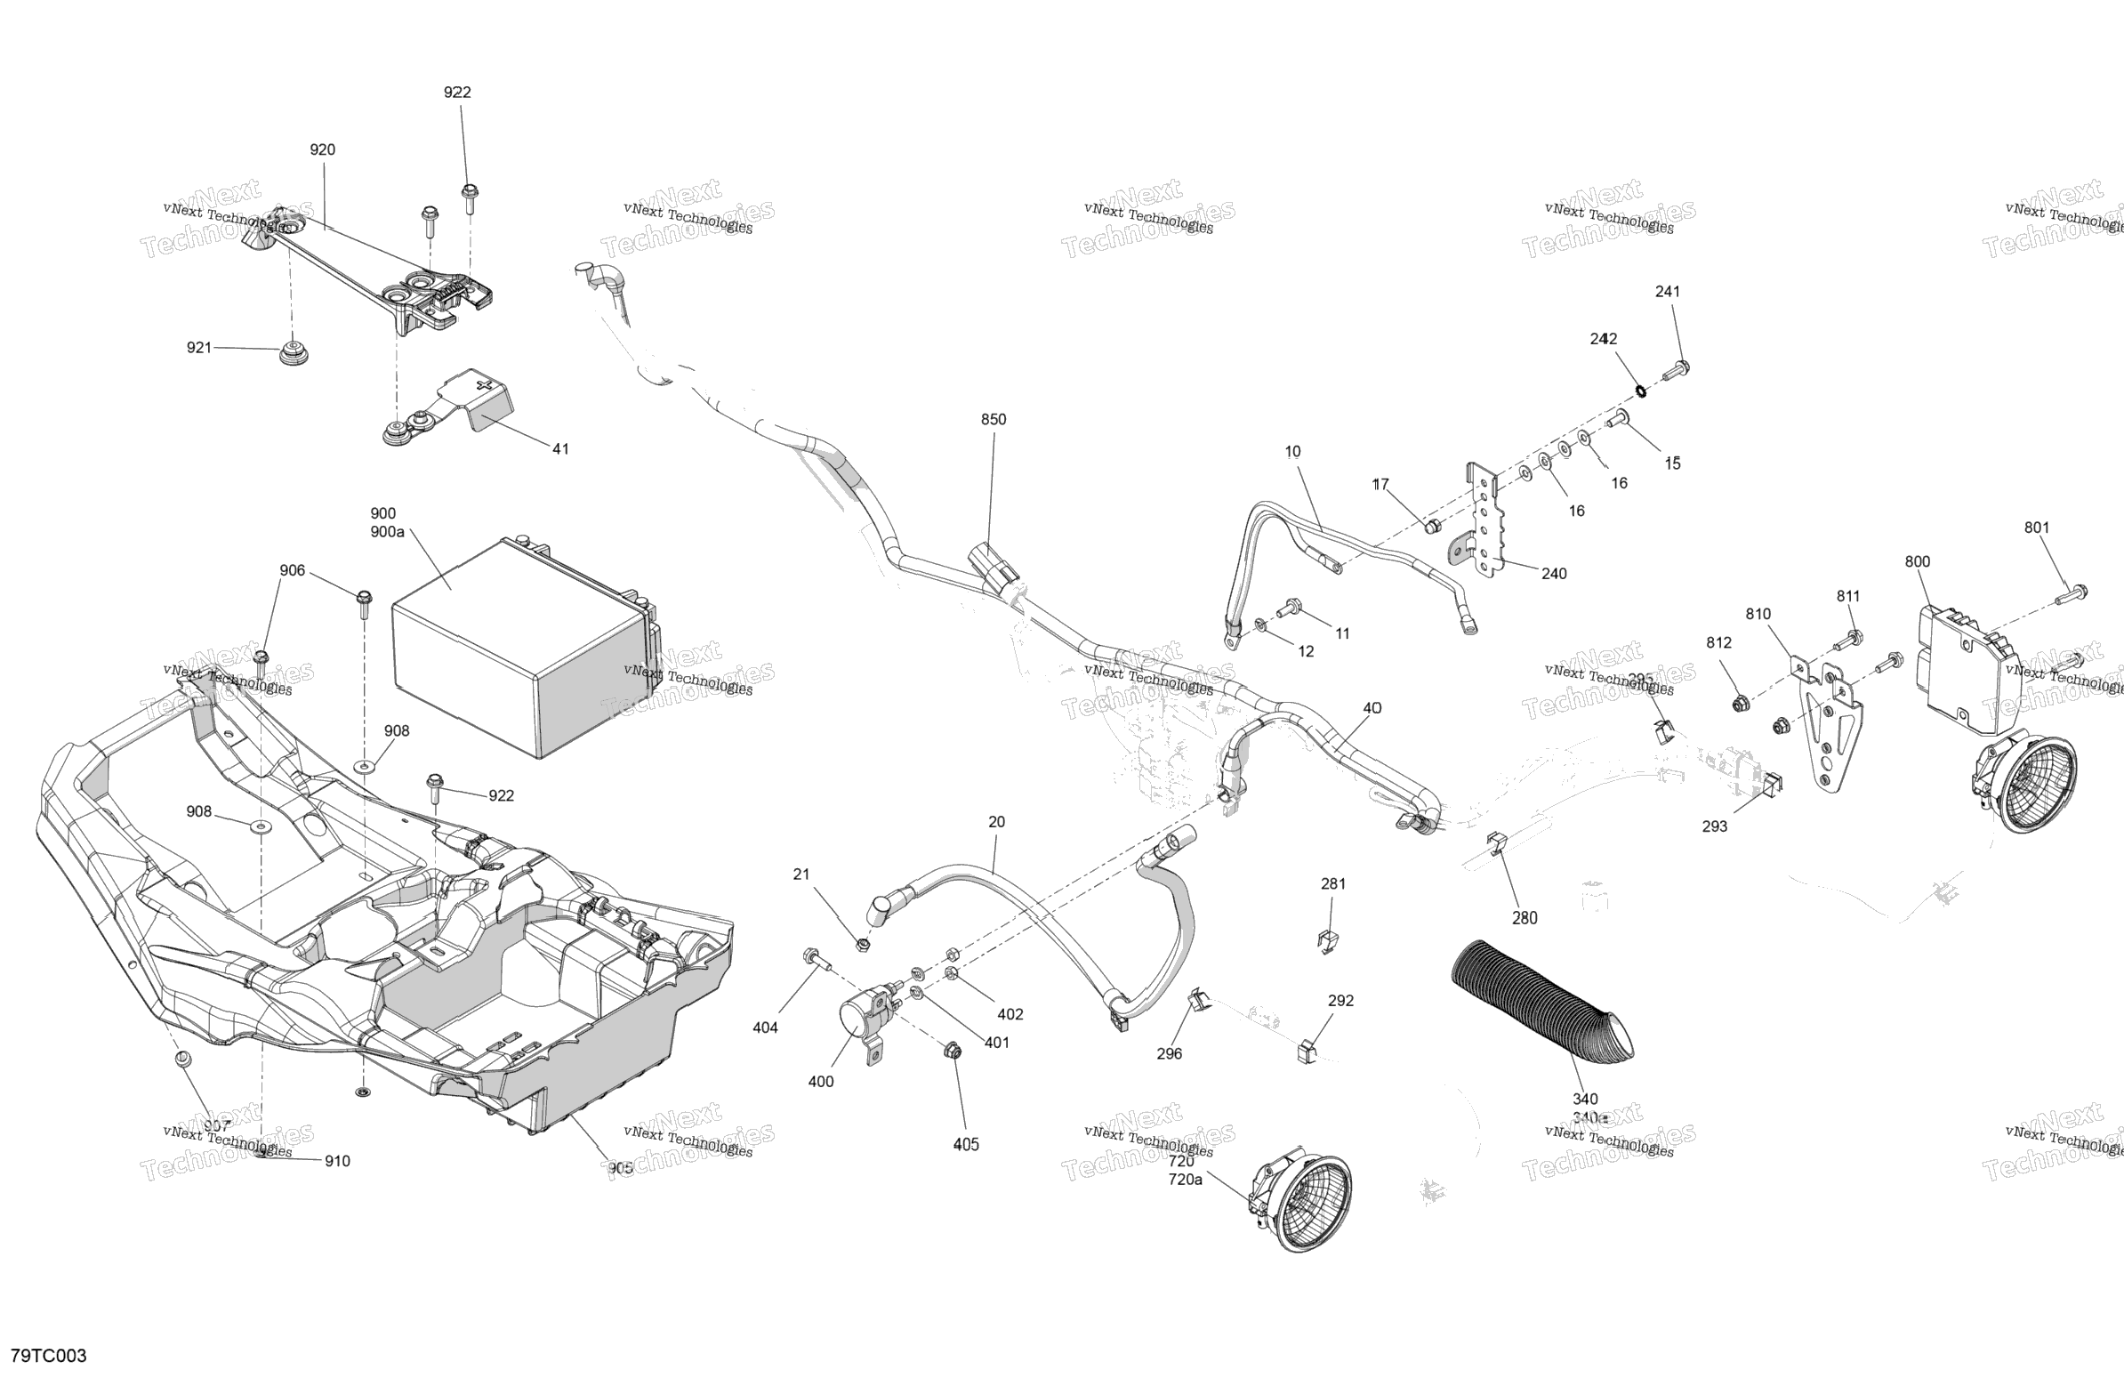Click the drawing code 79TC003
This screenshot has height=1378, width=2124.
coord(49,1356)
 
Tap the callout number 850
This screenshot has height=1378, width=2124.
coord(994,420)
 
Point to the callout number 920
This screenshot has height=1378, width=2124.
coord(322,150)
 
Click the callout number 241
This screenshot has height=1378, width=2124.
coord(1667,291)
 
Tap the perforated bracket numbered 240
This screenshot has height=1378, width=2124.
coord(1484,527)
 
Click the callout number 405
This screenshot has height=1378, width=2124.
coord(966,1144)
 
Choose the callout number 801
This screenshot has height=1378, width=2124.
coord(2037,528)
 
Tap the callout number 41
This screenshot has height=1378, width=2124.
coord(560,449)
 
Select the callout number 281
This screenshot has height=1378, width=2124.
coord(1333,883)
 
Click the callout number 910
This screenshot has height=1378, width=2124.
coord(337,1161)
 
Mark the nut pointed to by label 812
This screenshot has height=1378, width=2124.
coord(1739,705)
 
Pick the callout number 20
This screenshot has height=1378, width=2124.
coord(997,822)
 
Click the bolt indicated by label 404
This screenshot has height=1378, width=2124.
coord(815,958)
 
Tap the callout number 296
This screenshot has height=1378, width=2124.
coord(1169,1053)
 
